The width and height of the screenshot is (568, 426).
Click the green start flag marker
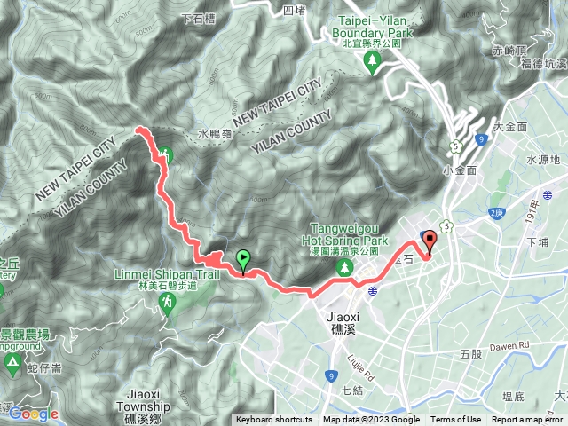[243, 260]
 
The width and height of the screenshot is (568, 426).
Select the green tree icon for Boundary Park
[371, 59]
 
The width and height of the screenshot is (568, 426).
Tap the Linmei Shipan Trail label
[168, 274]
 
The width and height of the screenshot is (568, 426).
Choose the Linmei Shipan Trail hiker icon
[168, 304]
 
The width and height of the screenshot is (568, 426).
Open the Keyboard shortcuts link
[273, 420]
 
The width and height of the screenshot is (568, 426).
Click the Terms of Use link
[456, 420]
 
